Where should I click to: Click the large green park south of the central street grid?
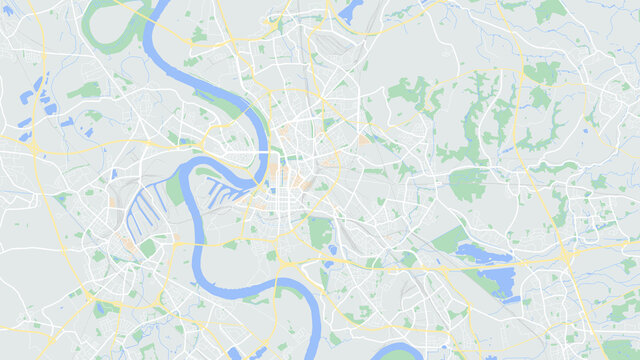click(320, 233)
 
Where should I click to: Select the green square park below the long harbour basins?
click(148, 246)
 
